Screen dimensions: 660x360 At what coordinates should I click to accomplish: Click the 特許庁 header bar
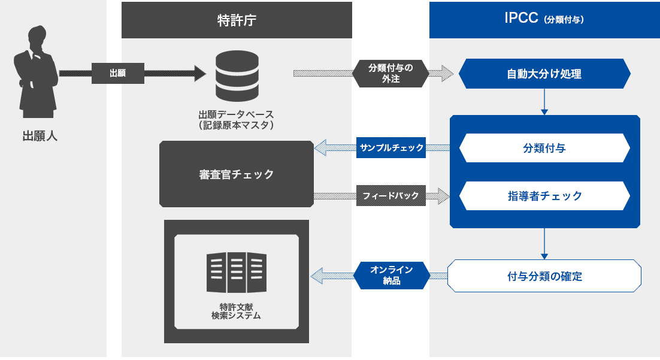(237, 20)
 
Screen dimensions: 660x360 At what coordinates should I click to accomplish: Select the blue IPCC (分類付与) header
(544, 20)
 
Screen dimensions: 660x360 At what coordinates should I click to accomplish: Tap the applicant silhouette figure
(36, 71)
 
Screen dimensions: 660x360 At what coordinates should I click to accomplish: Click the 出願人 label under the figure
(40, 136)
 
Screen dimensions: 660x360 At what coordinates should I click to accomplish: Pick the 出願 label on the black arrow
(118, 73)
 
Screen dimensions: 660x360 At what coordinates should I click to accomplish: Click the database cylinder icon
(237, 76)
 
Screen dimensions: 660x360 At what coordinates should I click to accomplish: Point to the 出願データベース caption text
(236, 120)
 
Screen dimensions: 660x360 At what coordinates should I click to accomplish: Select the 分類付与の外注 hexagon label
(390, 73)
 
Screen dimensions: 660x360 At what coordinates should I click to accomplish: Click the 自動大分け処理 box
(544, 74)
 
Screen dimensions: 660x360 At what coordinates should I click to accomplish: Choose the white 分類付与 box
(544, 148)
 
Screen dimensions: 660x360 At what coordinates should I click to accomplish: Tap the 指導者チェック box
(544, 196)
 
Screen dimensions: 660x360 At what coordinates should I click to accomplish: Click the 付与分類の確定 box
(544, 276)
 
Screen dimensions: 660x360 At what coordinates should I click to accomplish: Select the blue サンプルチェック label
(391, 148)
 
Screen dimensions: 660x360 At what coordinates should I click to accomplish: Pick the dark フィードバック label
(391, 195)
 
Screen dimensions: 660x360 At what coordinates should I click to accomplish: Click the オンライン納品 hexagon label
(392, 276)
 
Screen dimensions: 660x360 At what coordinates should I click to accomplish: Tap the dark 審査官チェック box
(237, 174)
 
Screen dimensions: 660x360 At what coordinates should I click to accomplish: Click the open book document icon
(237, 273)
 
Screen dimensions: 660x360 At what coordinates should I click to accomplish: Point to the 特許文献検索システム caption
(236, 311)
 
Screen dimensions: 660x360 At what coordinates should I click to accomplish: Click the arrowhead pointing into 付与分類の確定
(544, 256)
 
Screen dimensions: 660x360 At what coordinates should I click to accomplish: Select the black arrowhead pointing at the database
(201, 73)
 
